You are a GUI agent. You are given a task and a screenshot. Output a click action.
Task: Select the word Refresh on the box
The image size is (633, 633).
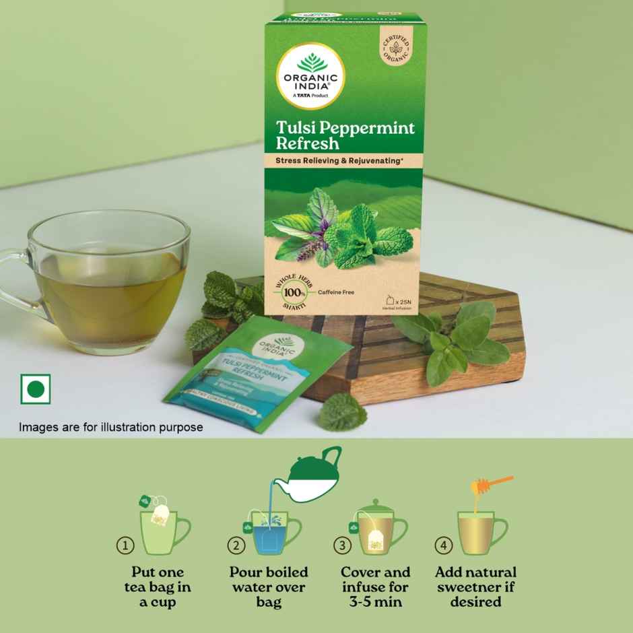tap(306, 143)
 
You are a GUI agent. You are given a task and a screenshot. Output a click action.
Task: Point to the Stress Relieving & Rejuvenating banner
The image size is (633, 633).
tap(344, 160)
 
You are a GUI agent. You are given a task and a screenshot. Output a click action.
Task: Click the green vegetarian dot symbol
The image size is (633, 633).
tap(35, 389)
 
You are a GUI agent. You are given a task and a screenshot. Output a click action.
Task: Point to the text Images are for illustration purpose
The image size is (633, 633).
tap(110, 427)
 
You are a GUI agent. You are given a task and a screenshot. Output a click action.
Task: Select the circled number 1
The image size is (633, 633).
tap(125, 545)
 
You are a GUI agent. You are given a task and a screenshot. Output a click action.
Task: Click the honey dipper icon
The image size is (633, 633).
tap(492, 486)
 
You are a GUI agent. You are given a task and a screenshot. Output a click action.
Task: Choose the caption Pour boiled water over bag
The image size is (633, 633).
tap(269, 587)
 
